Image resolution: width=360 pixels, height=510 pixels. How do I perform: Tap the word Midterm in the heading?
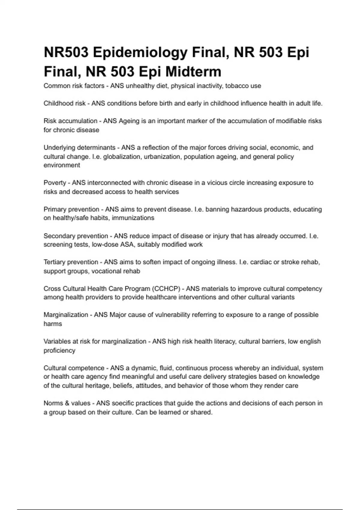[193, 72]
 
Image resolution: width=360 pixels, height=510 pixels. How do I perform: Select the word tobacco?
[237, 86]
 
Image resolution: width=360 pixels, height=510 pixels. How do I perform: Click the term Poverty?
[55, 183]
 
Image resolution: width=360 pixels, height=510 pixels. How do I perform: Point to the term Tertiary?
[55, 262]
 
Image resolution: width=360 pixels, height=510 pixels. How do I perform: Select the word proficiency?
[59, 350]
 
